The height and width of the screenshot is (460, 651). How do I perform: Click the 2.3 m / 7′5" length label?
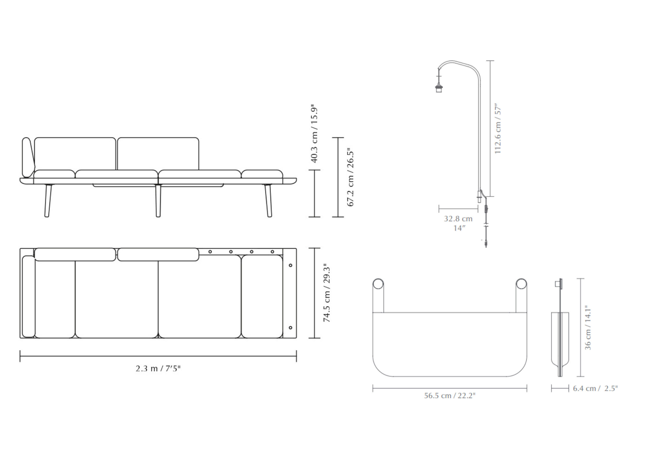[x=158, y=369]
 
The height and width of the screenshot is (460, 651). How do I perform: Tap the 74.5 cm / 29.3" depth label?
[x=327, y=293]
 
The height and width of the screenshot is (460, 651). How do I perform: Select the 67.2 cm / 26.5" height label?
[x=351, y=177]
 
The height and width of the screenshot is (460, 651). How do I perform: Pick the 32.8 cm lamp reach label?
[x=458, y=219]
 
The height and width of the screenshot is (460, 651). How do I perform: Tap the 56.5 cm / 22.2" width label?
[x=450, y=396]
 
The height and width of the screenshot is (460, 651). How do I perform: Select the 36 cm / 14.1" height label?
[x=587, y=328]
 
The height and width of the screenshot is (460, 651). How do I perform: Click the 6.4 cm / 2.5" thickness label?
[x=595, y=388]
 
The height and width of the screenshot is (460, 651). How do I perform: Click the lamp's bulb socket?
[x=439, y=88]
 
